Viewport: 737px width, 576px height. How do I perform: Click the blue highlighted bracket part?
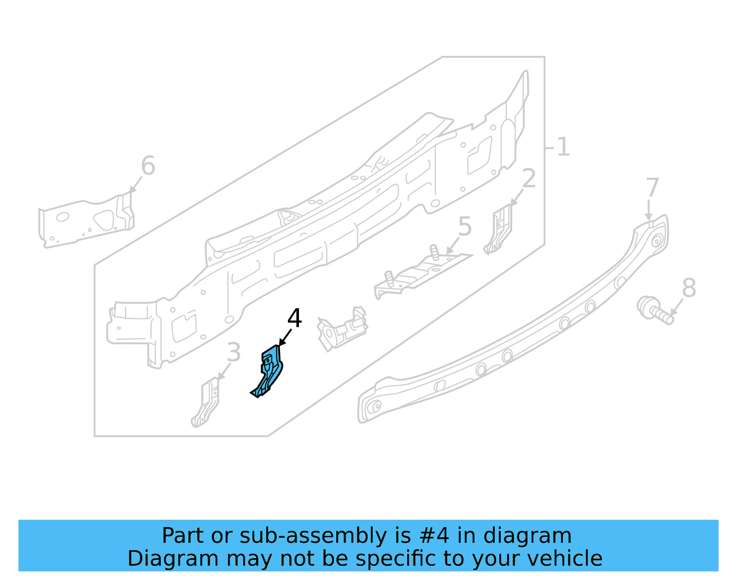tap(269, 372)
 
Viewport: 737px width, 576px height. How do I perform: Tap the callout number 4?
tap(294, 318)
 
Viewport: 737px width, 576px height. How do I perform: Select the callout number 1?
tap(563, 148)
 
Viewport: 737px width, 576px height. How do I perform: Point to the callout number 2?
tap(529, 178)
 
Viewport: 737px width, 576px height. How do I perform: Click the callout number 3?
tap(234, 353)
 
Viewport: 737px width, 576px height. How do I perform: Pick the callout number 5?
tap(465, 227)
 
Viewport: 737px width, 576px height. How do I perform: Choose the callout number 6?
tap(148, 166)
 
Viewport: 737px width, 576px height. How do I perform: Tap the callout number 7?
tap(652, 188)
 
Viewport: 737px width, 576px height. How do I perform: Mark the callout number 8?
tap(689, 288)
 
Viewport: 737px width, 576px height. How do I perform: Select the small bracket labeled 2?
tap(498, 230)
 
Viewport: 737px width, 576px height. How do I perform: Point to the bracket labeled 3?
tap(207, 402)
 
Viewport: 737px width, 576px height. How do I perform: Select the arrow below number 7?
tap(649, 209)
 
